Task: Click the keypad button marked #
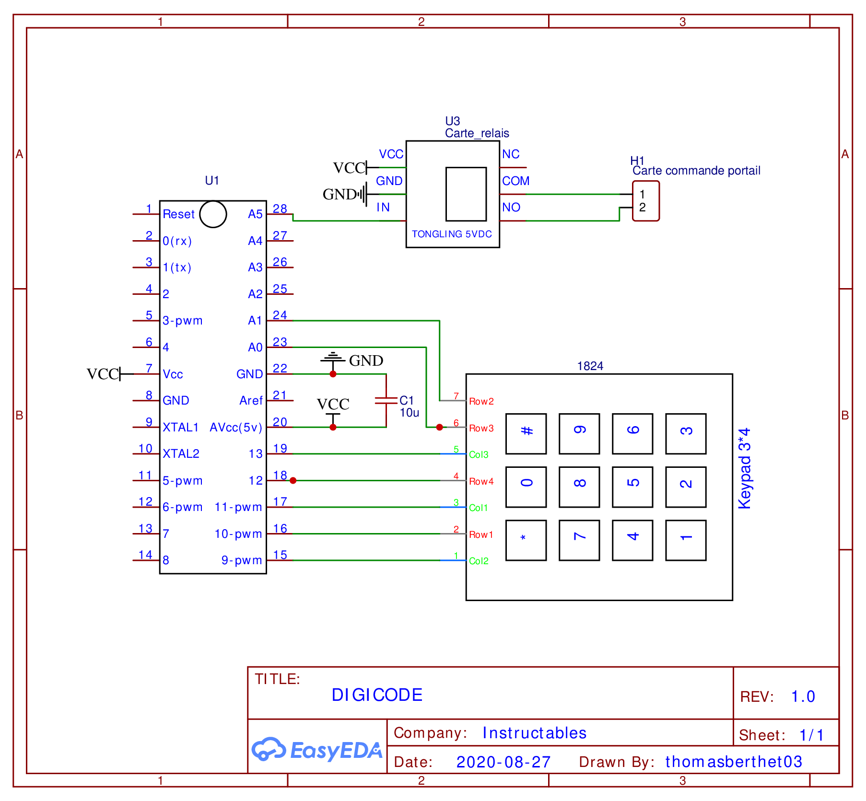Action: click(526, 433)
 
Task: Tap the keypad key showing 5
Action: click(632, 487)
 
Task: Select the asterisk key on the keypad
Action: click(526, 540)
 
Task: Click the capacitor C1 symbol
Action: click(386, 401)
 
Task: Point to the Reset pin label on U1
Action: click(178, 214)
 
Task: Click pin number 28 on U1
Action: click(280, 209)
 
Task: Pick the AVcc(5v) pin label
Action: click(236, 428)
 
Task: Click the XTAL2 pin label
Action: click(181, 454)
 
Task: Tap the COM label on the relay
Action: click(515, 181)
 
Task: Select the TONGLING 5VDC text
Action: click(452, 234)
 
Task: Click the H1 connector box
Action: click(645, 201)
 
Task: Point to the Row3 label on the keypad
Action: click(481, 428)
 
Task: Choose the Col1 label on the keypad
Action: click(478, 508)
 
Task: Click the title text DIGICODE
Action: click(377, 695)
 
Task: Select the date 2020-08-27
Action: click(503, 762)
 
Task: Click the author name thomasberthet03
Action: click(733, 762)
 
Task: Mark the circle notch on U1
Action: click(213, 214)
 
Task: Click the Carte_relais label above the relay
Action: click(477, 133)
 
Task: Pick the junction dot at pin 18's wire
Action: click(293, 480)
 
